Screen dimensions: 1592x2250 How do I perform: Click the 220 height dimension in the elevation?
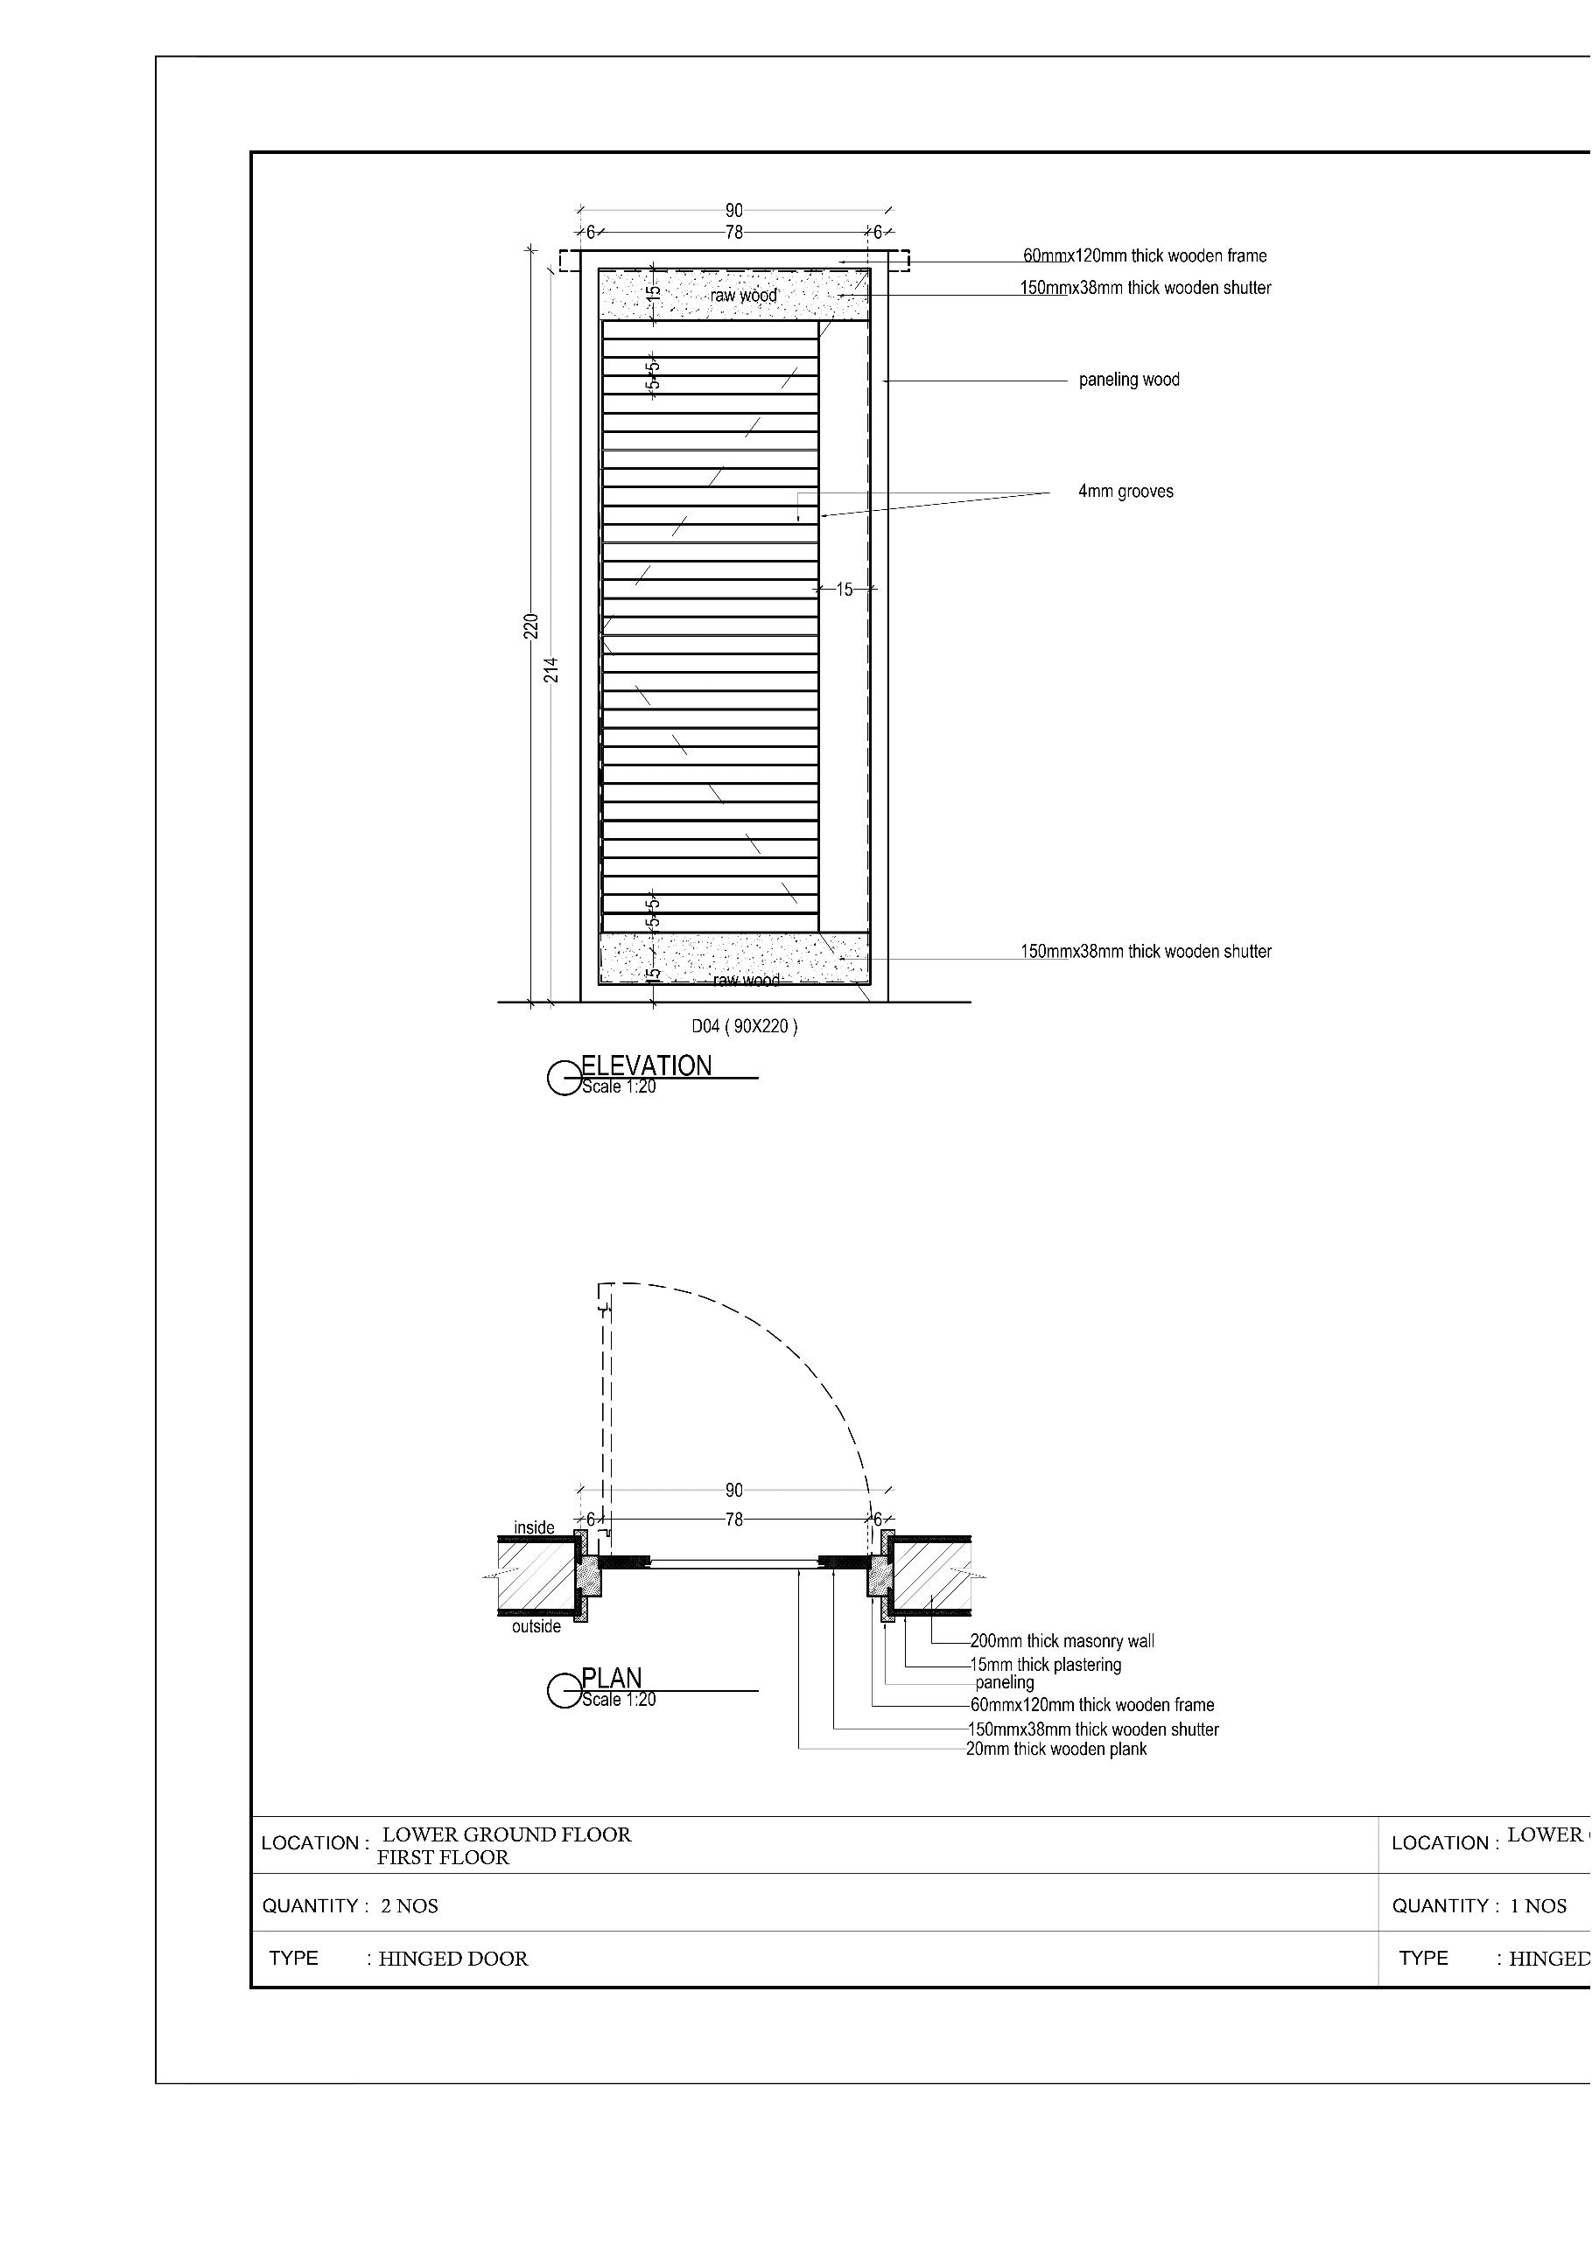tap(530, 625)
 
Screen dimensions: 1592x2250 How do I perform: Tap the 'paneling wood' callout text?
tap(1128, 381)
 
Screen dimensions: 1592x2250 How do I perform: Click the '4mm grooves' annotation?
tap(1126, 492)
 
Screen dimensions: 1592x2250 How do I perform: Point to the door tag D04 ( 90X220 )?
tap(744, 1027)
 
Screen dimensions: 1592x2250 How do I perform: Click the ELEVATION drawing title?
tap(646, 1066)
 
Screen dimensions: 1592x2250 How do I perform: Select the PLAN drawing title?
tap(612, 1679)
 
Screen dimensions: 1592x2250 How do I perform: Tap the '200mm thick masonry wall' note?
tap(1062, 1641)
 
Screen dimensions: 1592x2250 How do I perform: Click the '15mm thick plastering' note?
tap(1045, 1665)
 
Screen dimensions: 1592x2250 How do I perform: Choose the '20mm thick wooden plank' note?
tap(1055, 1750)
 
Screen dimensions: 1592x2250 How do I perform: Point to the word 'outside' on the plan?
tap(537, 1627)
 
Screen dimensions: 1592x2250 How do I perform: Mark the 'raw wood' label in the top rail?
tap(744, 296)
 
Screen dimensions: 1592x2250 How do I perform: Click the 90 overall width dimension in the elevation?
tap(734, 211)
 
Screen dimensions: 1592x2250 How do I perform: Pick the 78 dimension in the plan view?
tap(734, 1520)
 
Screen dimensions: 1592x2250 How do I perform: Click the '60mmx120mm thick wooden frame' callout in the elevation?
tap(1145, 256)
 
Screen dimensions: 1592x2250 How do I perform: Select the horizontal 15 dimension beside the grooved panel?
tap(844, 590)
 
